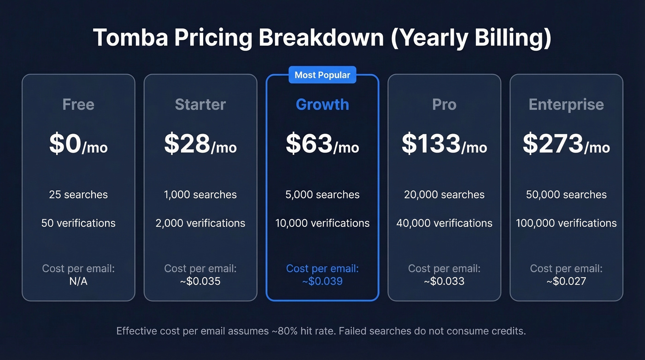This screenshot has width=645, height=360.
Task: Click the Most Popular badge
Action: coord(322,75)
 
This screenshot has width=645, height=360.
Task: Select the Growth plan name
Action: coord(322,105)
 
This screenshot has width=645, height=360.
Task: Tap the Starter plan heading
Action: coord(200,105)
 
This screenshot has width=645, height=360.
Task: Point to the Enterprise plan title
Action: coord(566,105)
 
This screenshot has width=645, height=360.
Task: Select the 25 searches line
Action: coord(78,195)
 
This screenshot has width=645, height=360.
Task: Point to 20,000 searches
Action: coord(444,195)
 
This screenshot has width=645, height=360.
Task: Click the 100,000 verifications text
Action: coord(566,223)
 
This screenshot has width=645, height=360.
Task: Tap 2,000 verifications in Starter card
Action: coord(200,223)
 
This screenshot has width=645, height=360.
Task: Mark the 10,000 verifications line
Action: coord(322,223)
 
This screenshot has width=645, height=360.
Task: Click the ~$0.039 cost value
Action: coord(322,281)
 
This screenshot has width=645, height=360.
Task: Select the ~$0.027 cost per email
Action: coord(566,281)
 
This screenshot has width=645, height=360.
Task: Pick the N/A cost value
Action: coord(78,281)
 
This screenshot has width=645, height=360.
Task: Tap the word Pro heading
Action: coord(444,105)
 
